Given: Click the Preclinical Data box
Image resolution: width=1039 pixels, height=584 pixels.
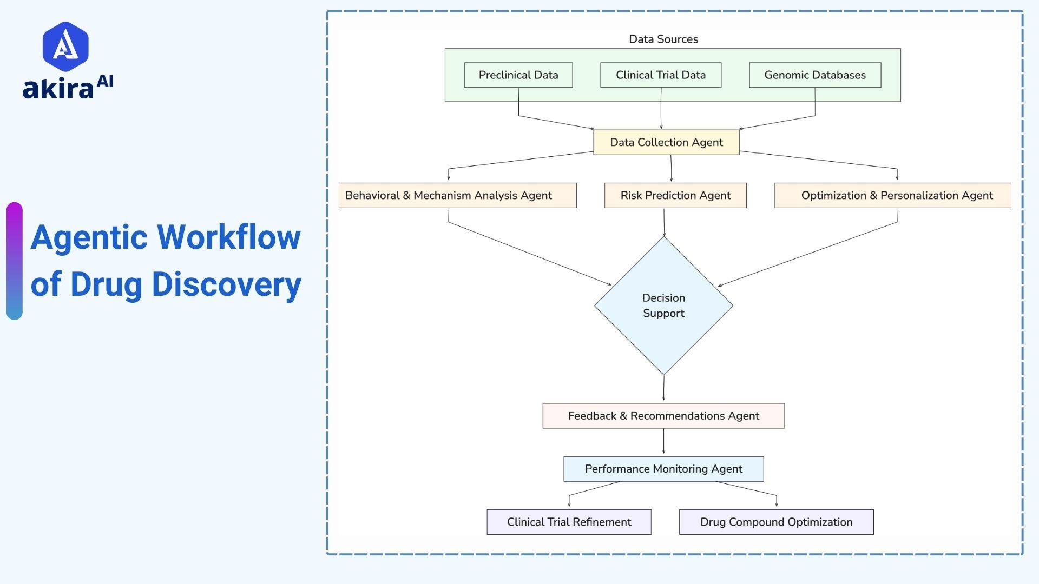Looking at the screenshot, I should coord(518,75).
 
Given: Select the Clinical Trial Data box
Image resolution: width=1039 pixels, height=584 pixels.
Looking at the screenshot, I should coord(660,75).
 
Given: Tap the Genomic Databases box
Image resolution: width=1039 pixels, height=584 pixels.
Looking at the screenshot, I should coord(814,75).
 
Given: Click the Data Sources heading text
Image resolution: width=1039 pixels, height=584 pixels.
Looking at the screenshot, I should coord(663,39).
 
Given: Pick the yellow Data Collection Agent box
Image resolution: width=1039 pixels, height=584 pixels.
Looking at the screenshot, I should coord(666,142).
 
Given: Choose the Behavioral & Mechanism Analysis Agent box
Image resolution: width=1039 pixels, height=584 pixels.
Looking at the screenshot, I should coord(457,195).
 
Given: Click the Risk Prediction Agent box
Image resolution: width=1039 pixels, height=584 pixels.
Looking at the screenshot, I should coord(675,195).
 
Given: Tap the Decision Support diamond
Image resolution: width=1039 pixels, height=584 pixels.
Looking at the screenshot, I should coord(663,306).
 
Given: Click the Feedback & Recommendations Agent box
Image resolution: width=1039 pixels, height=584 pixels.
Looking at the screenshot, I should coord(663,416).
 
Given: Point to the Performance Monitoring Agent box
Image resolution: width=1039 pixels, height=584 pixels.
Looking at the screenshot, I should coord(663,469).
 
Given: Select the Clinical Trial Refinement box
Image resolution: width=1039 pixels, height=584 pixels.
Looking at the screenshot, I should coord(569,522).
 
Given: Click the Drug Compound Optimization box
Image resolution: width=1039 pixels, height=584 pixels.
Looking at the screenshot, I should coord(776,522).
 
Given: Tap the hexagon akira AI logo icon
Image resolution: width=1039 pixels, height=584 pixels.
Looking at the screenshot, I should coord(65,47).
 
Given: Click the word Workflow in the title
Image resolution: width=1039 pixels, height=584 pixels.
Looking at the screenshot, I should coord(228,237).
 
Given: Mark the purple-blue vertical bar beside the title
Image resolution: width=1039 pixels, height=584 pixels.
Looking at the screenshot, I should coord(15,261).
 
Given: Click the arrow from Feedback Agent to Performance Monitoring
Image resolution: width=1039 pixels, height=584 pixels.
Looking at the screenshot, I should coord(663,442).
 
